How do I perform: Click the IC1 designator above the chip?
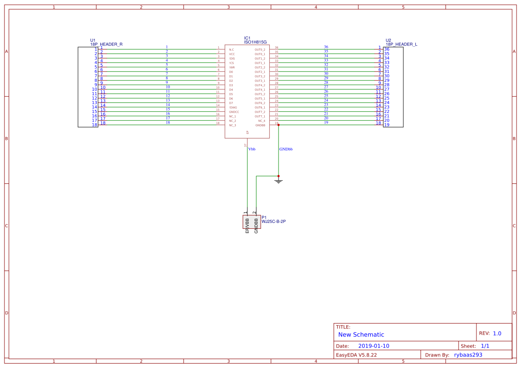pyautogui.click(x=247, y=38)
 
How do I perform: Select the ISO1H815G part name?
pyautogui.click(x=255, y=42)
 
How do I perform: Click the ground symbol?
pyautogui.click(x=279, y=181)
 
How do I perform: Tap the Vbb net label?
pyautogui.click(x=252, y=149)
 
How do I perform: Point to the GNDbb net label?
pyautogui.click(x=286, y=149)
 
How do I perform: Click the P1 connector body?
pyautogui.click(x=251, y=222)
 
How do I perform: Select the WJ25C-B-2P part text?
pyautogui.click(x=274, y=221)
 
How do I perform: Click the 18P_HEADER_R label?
pyautogui.click(x=106, y=44)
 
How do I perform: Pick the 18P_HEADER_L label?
pyautogui.click(x=401, y=44)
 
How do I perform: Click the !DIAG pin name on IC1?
pyautogui.click(x=233, y=107)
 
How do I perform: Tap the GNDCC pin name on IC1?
pyautogui.click(x=234, y=112)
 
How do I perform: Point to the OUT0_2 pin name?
pyautogui.click(x=260, y=49)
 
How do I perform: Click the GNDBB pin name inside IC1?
pyautogui.click(x=260, y=125)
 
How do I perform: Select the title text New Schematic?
pyautogui.click(x=361, y=335)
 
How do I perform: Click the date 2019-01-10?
pyautogui.click(x=373, y=346)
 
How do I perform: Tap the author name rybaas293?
pyautogui.click(x=468, y=355)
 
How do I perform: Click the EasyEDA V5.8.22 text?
pyautogui.click(x=356, y=355)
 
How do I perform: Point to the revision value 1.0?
pyautogui.click(x=497, y=333)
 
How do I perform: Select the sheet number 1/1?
pyautogui.click(x=485, y=346)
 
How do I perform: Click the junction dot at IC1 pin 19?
pyautogui.click(x=279, y=125)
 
